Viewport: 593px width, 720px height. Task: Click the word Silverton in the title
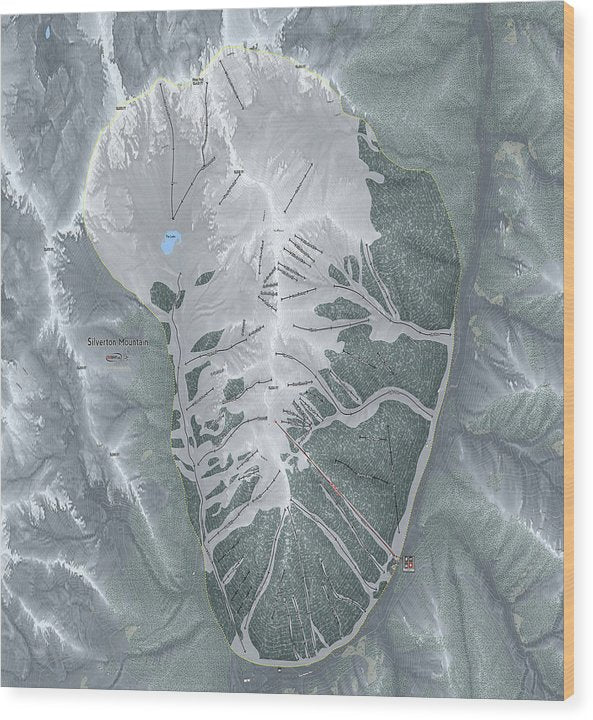pyautogui.click(x=102, y=342)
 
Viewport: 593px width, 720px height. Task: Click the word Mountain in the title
pyautogui.click(x=134, y=342)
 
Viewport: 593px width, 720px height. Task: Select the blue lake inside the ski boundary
pyautogui.click(x=171, y=242)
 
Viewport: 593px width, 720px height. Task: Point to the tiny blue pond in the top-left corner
pyautogui.click(x=47, y=32)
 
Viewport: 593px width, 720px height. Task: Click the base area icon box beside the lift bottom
pyautogui.click(x=407, y=564)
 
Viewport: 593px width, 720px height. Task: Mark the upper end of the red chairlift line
pyautogui.click(x=276, y=424)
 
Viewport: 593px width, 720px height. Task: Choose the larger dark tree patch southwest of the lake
pyautogui.click(x=162, y=296)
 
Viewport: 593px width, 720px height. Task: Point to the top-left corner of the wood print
pyautogui.click(x=2, y=2)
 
